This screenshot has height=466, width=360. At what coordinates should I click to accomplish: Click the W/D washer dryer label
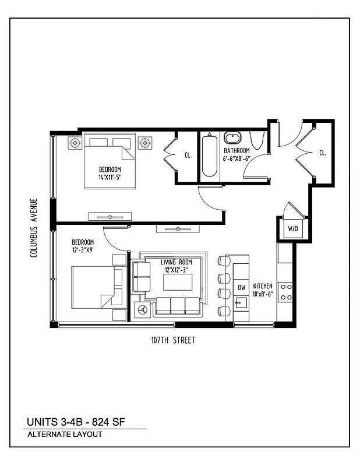[291, 229]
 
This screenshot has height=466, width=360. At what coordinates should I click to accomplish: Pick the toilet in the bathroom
[256, 142]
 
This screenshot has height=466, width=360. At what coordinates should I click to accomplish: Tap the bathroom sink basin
[233, 139]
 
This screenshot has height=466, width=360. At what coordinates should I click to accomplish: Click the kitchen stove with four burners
[285, 291]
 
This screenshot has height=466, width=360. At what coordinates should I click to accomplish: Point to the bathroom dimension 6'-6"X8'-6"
[237, 158]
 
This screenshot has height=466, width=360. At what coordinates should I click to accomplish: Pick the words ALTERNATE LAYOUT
[65, 435]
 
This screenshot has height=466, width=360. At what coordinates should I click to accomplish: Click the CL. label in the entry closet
[322, 153]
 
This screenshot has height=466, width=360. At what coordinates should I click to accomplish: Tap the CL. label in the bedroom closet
[188, 156]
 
